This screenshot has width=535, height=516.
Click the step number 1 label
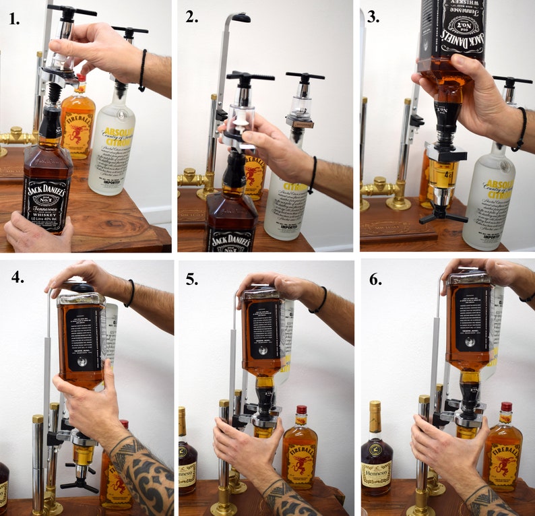click(13, 18)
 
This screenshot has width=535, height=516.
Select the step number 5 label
click(192, 279)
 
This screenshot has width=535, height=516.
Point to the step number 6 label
click(375, 279)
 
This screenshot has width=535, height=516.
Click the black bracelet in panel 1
click(142, 70)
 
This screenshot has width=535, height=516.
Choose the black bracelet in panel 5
click(322, 300)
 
